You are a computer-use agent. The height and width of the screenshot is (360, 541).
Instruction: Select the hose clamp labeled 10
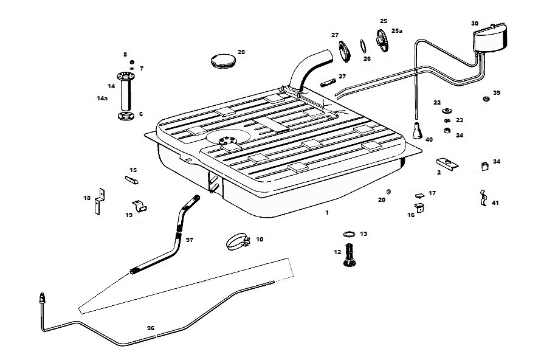[x=239, y=242]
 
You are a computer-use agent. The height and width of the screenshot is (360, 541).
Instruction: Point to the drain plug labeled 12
[x=351, y=255]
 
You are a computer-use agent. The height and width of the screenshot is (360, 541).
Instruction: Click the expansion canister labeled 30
[x=491, y=38]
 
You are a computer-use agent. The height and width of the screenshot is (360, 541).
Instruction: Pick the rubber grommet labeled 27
[x=345, y=50]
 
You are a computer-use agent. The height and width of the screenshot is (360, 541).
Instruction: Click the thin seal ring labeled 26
[x=363, y=46]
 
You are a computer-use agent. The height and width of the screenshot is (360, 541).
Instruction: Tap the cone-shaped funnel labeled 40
[x=418, y=131]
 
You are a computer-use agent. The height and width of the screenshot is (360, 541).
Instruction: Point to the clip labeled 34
[x=485, y=165]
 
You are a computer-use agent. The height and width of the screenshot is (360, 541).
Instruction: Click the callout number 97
[x=189, y=240]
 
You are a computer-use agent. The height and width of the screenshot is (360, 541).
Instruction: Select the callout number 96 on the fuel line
[x=151, y=328]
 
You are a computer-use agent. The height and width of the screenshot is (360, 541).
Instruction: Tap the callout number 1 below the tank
[x=326, y=213]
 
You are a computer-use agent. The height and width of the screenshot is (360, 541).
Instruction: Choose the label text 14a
[x=102, y=98]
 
